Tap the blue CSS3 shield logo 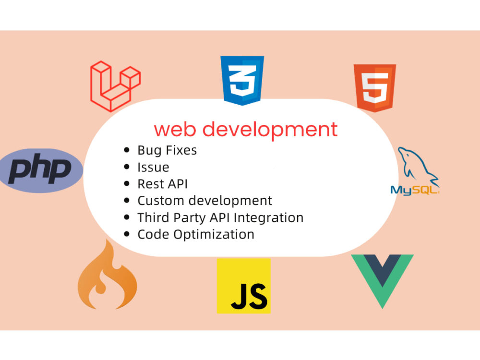(x=242, y=80)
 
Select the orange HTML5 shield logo (x=375, y=87)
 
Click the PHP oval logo (x=41, y=170)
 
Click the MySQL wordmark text (x=415, y=191)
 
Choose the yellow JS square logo (x=244, y=286)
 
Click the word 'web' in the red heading (x=175, y=129)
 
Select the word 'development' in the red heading (x=270, y=130)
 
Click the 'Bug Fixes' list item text (x=167, y=150)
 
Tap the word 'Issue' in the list (x=153, y=168)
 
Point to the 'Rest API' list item (x=163, y=184)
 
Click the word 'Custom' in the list (x=161, y=201)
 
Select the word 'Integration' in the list (x=268, y=218)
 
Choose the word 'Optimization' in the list (x=214, y=235)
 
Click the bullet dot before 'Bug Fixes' (x=127, y=150)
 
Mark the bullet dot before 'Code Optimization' (x=127, y=234)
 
